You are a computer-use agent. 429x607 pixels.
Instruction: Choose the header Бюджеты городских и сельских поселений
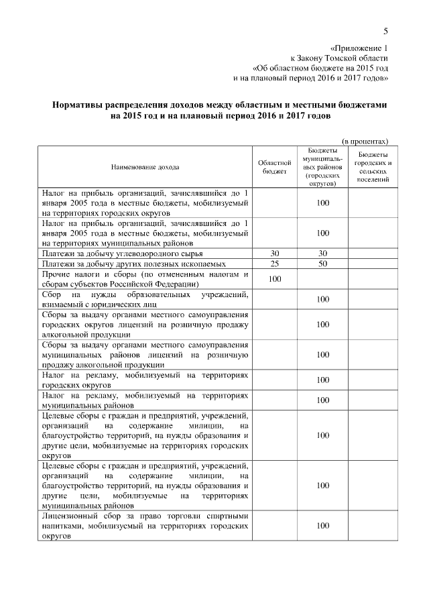[x=373, y=167]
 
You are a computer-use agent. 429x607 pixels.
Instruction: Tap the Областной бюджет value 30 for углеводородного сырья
[x=274, y=254]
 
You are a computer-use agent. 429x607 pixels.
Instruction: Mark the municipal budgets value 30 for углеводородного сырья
[x=322, y=254]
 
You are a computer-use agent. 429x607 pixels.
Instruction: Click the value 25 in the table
[x=274, y=264]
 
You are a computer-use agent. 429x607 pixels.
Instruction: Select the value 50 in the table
[x=322, y=264]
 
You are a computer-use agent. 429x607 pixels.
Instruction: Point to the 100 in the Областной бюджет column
[x=274, y=279]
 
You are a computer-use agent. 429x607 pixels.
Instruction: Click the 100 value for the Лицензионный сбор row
[x=322, y=527]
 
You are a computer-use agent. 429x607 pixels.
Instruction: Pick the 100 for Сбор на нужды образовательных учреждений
[x=322, y=300]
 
